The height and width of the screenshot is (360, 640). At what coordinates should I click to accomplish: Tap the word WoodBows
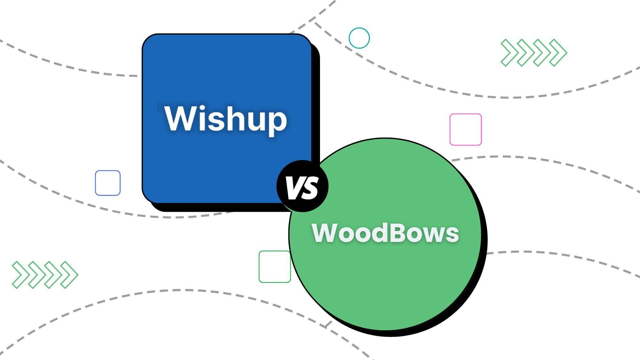(385, 233)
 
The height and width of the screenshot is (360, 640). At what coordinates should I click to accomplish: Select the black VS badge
(302, 186)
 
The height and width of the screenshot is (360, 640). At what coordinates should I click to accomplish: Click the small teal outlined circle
(359, 38)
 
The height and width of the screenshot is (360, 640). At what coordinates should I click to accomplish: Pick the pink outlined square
(466, 129)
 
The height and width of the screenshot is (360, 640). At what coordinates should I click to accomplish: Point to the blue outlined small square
(108, 183)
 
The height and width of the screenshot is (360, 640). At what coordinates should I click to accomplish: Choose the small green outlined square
(275, 267)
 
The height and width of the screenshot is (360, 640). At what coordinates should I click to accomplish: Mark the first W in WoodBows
(327, 233)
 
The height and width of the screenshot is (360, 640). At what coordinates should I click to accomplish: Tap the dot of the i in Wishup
(200, 108)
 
